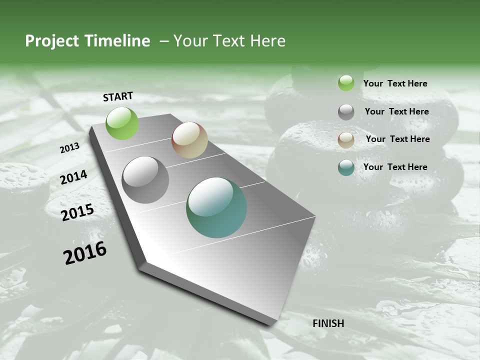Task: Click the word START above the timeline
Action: click(x=118, y=96)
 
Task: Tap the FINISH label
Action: click(x=328, y=323)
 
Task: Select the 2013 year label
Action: click(x=70, y=147)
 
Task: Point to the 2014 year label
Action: click(x=74, y=177)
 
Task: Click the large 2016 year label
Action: click(x=85, y=253)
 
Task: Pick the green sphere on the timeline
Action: click(x=122, y=123)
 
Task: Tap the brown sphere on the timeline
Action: click(x=189, y=140)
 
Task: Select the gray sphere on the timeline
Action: click(x=145, y=180)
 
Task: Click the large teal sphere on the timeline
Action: click(x=216, y=207)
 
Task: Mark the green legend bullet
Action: click(x=346, y=83)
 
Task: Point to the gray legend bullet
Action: click(x=346, y=112)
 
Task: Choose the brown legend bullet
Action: click(x=346, y=140)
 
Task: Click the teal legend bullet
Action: click(x=346, y=167)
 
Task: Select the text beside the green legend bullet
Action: click(x=395, y=84)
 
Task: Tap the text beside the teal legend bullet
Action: click(x=395, y=167)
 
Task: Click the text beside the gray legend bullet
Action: click(x=396, y=111)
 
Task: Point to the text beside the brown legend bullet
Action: click(x=397, y=139)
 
